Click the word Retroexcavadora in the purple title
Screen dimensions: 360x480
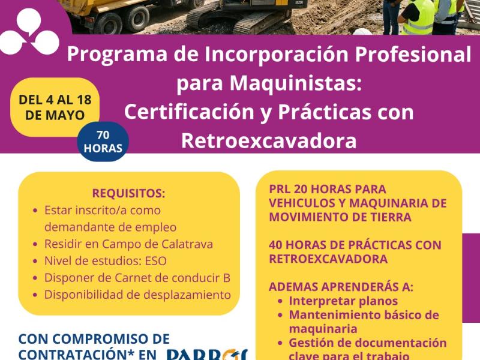coord(268,140)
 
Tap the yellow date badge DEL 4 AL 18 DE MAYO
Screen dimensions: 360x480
coord(55,107)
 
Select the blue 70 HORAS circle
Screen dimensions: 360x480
coord(103,142)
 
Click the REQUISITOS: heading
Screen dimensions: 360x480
coord(128,193)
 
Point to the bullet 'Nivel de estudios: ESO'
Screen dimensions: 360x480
coord(105,261)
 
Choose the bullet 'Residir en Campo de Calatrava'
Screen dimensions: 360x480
coord(128,244)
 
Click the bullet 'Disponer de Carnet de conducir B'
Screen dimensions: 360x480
coord(137,278)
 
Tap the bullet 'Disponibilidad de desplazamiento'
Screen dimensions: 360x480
coord(137,295)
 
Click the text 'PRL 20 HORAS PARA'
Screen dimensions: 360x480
coord(328,188)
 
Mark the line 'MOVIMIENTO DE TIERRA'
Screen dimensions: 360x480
coord(340,217)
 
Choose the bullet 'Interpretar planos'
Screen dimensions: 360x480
coord(343,301)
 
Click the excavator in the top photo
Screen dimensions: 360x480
coord(240,15)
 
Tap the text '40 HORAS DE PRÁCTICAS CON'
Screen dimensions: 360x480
coord(355,245)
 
